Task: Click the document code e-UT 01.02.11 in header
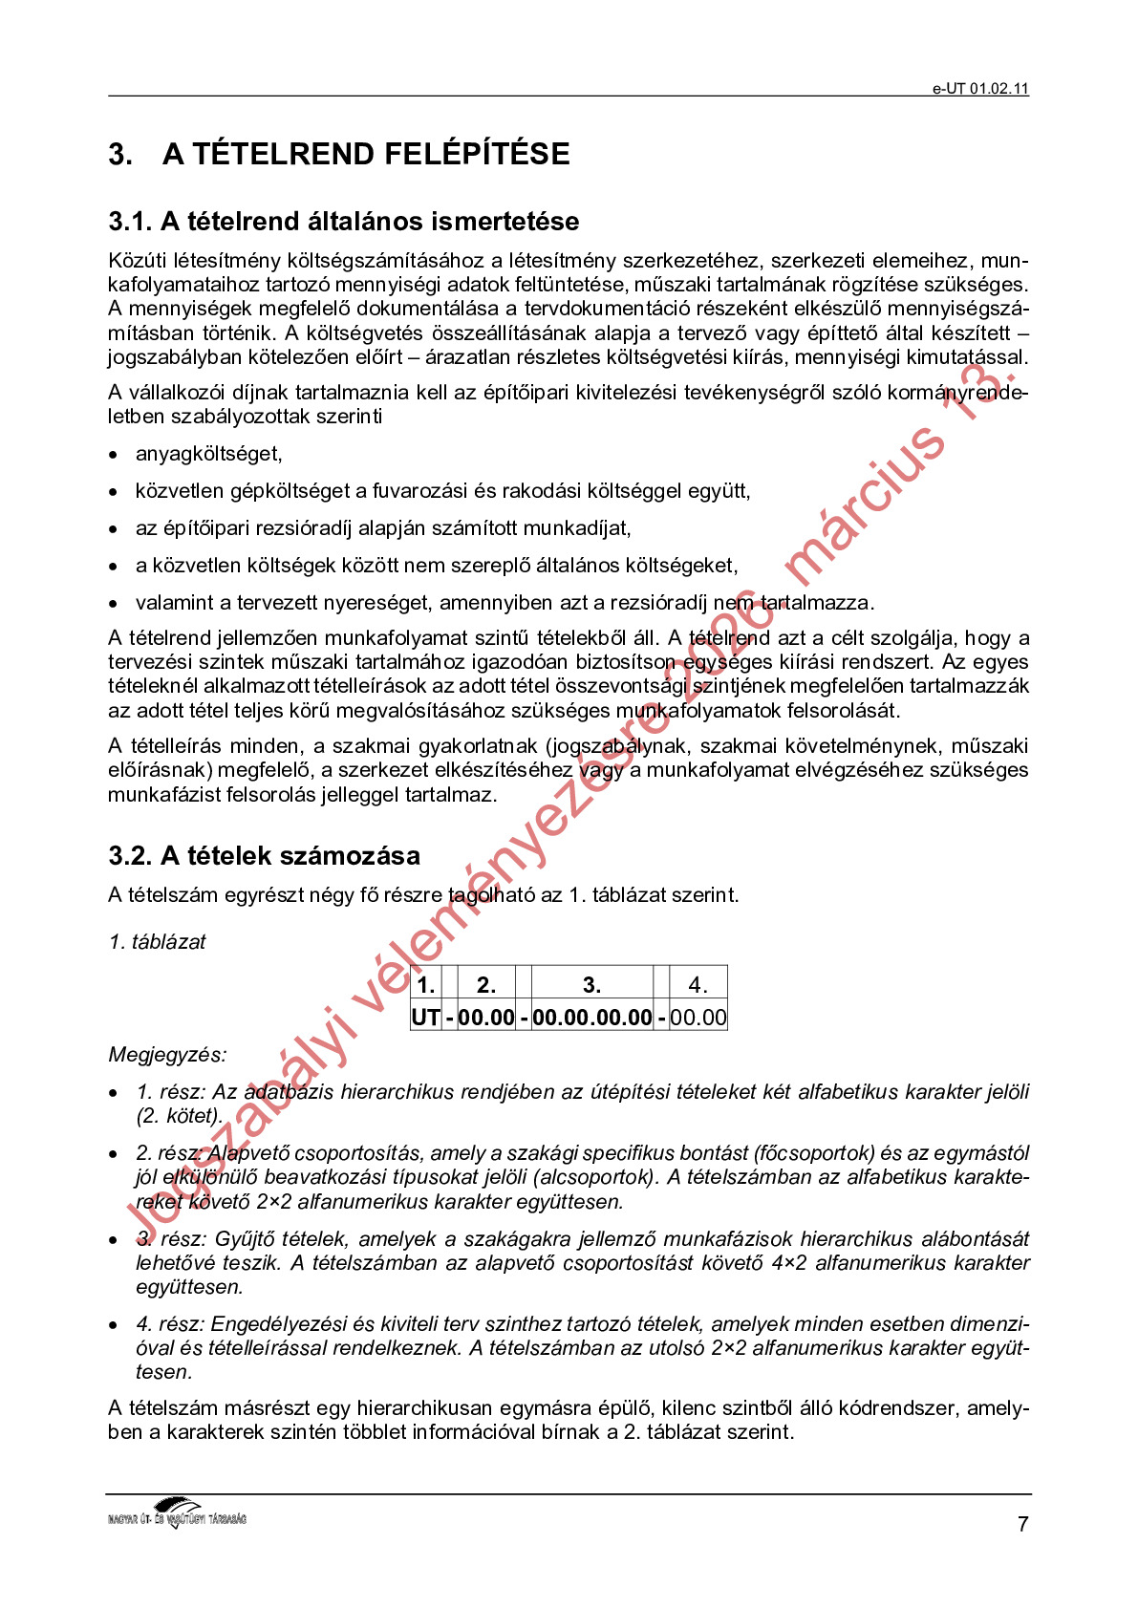pos(980,89)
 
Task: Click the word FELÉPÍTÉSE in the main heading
pos(476,154)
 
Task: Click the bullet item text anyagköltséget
pos(208,454)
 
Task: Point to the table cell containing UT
pos(425,1017)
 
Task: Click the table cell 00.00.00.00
pos(591,1017)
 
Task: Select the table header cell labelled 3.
pos(591,985)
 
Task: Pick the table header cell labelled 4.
pos(698,985)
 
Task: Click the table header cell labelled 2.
pos(485,985)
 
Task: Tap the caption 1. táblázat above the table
pos(158,942)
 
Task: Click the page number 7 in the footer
pos(1022,1525)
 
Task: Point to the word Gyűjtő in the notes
pos(244,1239)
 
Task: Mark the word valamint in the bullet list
pos(174,603)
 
